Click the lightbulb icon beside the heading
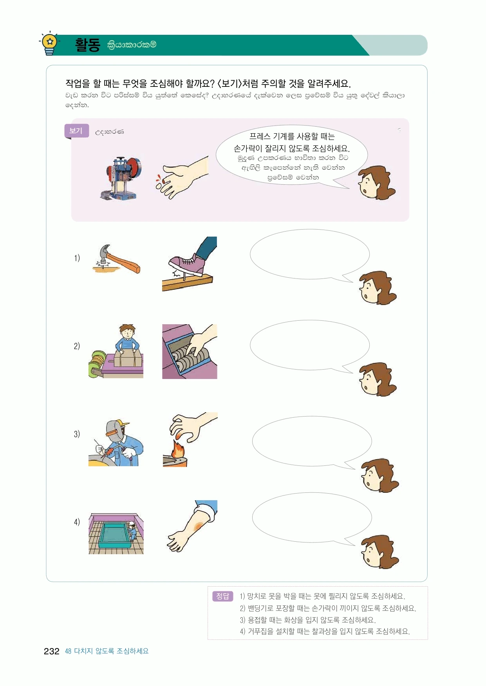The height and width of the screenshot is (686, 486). coord(50,43)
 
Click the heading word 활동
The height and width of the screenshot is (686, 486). coord(88,45)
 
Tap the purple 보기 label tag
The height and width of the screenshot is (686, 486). coord(76,131)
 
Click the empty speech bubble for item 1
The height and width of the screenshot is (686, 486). coord(309,255)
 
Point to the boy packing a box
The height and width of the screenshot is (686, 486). coord(126,339)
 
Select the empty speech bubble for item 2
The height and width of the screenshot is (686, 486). coord(309,345)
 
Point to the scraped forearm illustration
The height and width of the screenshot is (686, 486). coord(192,526)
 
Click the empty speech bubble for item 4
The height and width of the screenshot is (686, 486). coord(312,518)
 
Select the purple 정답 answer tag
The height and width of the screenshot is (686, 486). coord(222,596)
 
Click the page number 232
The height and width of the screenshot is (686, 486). coord(51,651)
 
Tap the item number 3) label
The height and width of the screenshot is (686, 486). coord(77,434)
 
